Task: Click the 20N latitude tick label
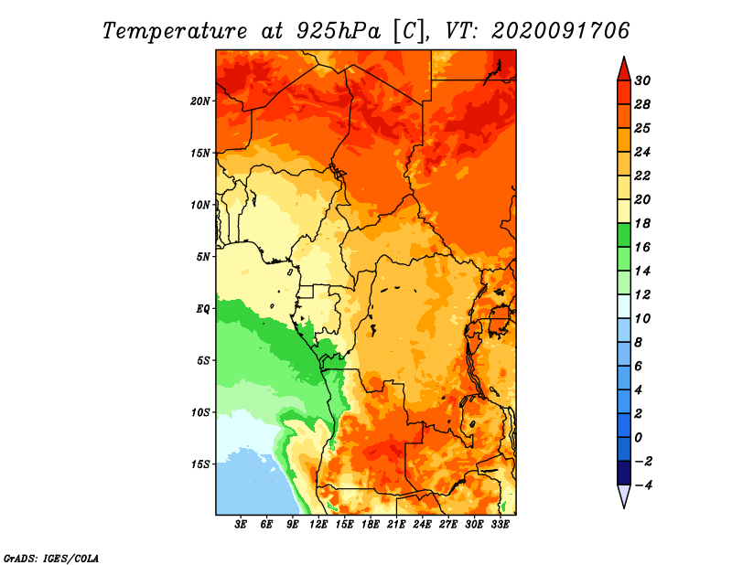coord(200,101)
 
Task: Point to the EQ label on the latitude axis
coord(202,309)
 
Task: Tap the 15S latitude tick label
coord(200,464)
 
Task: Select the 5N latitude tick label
coord(203,257)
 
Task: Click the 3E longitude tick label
coord(241,525)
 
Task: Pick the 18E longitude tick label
coord(371,525)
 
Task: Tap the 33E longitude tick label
coord(500,525)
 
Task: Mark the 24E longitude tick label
coord(422,525)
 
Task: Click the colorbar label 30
coord(642,80)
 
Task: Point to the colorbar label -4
coord(644,485)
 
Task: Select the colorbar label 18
coord(642,223)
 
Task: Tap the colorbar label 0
coord(638,438)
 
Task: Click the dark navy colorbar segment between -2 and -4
coord(624,473)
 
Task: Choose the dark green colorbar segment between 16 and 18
coord(624,235)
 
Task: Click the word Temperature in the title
coord(175,31)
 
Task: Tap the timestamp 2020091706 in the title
coord(561,31)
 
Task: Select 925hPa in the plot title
coord(339,31)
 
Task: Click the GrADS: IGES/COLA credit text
coord(51,559)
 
